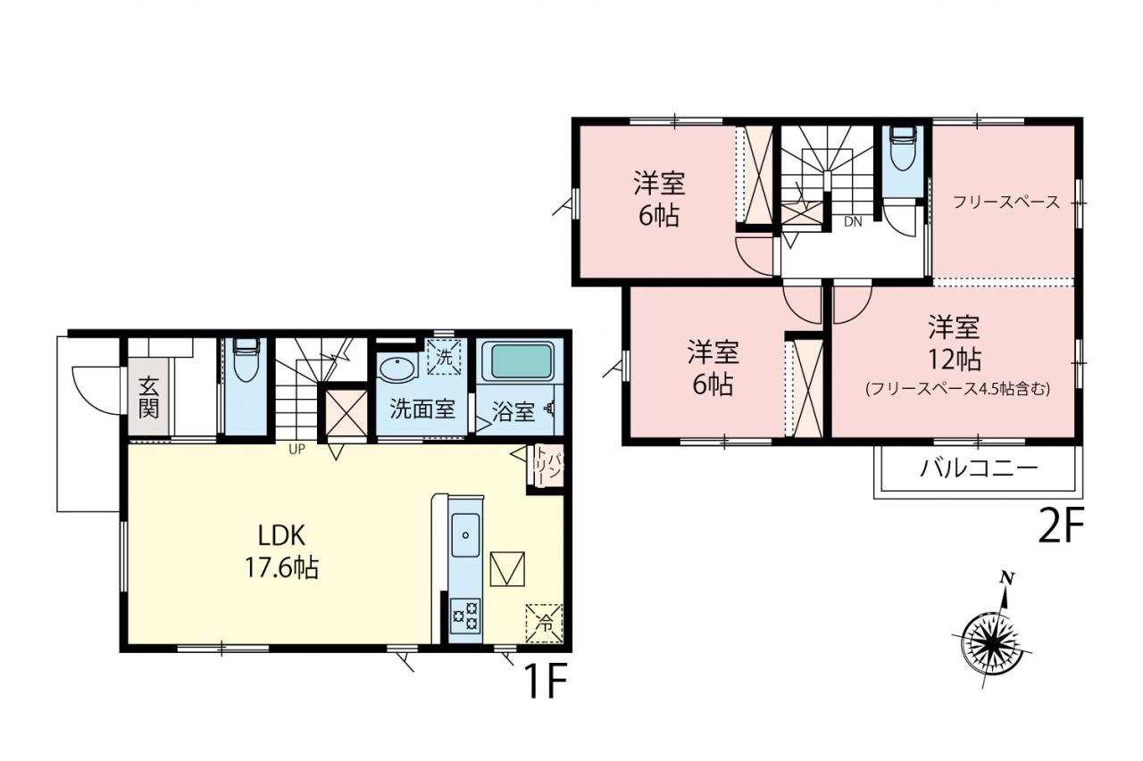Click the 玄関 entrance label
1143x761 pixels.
[x=148, y=397]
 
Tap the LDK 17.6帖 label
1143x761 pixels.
[x=282, y=551]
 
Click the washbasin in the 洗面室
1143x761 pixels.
[x=397, y=368]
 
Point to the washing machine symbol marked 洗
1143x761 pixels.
[x=444, y=358]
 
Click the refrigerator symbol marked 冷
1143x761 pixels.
[x=545, y=624]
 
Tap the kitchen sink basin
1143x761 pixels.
[x=466, y=535]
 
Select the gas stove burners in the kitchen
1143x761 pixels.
[x=466, y=616]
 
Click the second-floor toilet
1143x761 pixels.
[x=903, y=147]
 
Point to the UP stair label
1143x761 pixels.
[x=297, y=449]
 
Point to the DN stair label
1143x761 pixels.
[x=853, y=222]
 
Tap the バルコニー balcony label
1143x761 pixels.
[x=980, y=467]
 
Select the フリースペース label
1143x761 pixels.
[x=1005, y=203]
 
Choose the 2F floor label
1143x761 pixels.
[x=1060, y=525]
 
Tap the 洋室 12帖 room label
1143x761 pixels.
[x=955, y=343]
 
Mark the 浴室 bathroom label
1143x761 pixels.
[x=513, y=412]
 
